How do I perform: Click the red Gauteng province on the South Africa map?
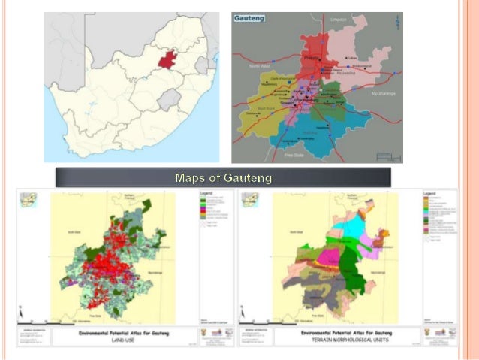[x=169, y=59]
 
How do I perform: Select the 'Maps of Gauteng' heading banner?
[x=223, y=178]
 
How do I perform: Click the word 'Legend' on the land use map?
[x=206, y=193]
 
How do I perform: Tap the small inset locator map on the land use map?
[x=28, y=199]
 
